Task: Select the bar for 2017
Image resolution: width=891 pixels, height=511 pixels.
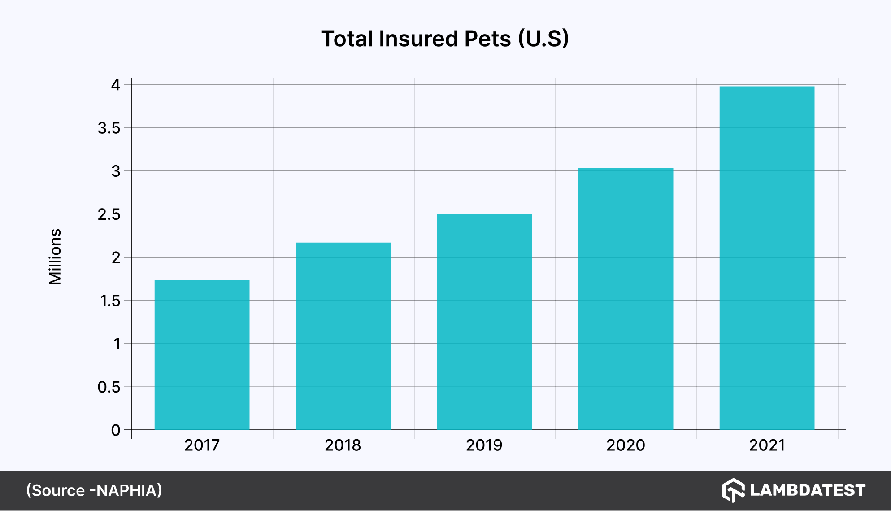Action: [202, 354]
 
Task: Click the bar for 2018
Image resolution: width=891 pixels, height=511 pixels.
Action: [343, 336]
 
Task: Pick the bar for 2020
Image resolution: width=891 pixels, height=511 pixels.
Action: [626, 299]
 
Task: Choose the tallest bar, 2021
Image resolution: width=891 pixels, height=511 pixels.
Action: [767, 258]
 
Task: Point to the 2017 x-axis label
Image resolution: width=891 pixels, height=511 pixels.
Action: [202, 445]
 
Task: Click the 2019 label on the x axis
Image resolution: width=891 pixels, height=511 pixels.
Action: [484, 445]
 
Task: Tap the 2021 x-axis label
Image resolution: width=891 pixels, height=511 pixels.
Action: [767, 445]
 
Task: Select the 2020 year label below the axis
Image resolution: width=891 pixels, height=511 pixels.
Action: [626, 445]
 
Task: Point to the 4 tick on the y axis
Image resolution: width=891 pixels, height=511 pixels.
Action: [116, 85]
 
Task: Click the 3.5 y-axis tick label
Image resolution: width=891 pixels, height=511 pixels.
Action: [109, 128]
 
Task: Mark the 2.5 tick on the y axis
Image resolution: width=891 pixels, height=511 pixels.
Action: [109, 214]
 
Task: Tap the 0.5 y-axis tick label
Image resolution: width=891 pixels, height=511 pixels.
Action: [109, 387]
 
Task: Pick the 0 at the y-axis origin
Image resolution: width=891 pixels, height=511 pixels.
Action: [116, 430]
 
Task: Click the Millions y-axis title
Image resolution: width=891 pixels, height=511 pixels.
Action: [55, 257]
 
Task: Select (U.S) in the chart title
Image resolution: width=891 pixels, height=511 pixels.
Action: [543, 39]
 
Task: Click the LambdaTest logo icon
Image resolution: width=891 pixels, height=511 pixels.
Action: [733, 490]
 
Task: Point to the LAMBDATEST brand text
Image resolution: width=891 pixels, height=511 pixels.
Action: [807, 490]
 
